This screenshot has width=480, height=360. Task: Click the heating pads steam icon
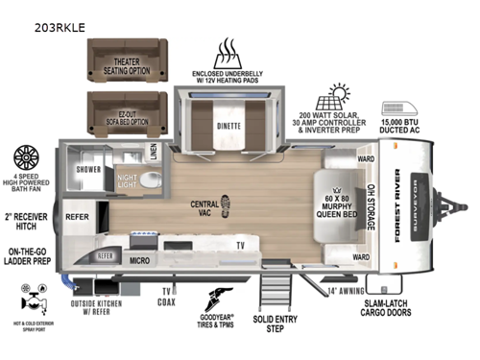[228, 52]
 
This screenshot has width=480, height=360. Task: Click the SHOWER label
[88, 169]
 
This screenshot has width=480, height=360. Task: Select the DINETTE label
[228, 124]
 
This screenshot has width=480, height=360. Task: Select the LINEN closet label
[153, 152]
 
